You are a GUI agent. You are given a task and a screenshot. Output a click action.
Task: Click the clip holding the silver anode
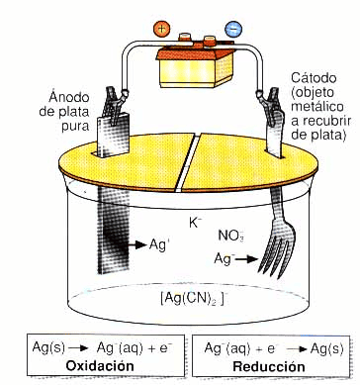112,104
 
